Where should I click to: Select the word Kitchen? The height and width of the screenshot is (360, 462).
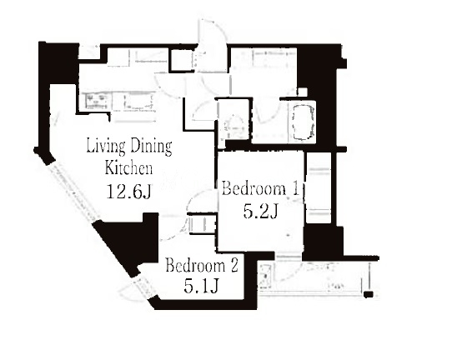click(128, 167)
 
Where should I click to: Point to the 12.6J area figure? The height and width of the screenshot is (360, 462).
click(128, 192)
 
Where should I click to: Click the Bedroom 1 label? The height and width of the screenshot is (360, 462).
click(261, 188)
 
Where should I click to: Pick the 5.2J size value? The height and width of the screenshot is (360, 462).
click(260, 212)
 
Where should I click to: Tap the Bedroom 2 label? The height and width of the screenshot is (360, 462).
click(202, 265)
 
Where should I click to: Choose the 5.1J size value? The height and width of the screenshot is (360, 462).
click(201, 286)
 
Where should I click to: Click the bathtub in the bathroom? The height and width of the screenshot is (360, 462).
click(304, 122)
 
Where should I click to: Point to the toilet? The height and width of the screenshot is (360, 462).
click(234, 127)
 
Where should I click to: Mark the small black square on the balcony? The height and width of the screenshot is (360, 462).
click(369, 294)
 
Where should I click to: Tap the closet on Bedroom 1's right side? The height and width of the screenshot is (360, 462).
click(319, 187)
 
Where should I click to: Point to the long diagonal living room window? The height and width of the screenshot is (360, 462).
click(73, 192)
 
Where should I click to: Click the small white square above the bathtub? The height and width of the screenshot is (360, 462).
click(303, 92)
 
